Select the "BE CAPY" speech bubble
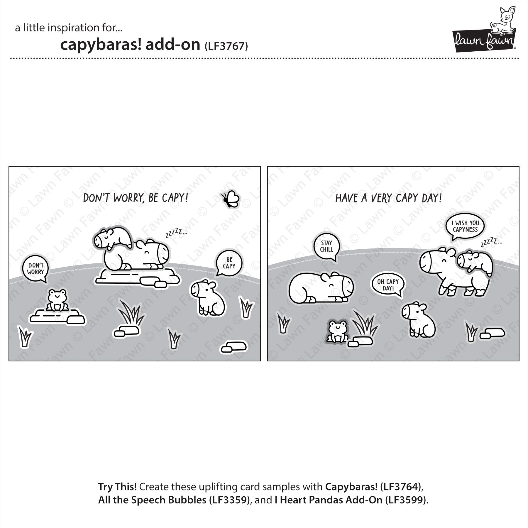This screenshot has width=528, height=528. click(229, 263)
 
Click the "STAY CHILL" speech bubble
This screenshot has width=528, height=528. click(326, 247)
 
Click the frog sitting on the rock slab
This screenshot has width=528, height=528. click(58, 300)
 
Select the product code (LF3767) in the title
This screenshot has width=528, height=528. click(226, 46)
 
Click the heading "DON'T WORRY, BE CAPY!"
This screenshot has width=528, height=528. click(136, 198)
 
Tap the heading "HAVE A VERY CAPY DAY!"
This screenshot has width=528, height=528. click(388, 198)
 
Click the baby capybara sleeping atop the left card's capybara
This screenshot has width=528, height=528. click(113, 237)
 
